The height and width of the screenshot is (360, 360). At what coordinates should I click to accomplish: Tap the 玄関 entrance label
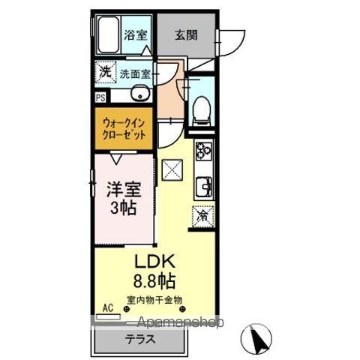pos(187,34)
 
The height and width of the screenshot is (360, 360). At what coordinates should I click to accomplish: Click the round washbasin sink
pos(139,94)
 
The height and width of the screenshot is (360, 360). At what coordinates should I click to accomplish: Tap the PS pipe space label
pos(100,97)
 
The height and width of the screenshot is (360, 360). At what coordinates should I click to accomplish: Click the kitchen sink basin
pos(203,184)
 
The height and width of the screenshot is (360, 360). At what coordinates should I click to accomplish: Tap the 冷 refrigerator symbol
pos(203,216)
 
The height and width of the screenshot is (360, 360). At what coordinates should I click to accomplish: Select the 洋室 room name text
pos(124,187)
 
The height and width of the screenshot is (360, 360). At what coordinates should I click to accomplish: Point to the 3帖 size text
pos(124,208)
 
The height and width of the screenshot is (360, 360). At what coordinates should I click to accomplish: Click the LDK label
pos(154,262)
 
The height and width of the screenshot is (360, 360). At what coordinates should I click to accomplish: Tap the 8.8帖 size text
pos(154,282)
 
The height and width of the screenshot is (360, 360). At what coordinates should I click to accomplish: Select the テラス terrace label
pos(139,338)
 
